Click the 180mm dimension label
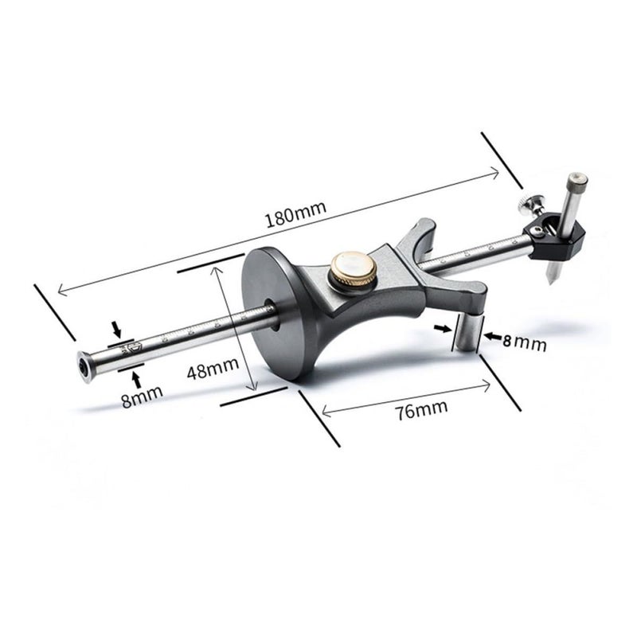295,214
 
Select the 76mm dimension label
421,409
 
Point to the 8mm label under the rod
142,396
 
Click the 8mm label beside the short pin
525,342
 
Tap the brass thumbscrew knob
353,270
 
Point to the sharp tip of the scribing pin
551,284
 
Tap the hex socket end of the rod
84,367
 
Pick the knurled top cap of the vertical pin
578,183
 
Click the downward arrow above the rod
117,329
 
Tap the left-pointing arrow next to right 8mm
493,336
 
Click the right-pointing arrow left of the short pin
442,328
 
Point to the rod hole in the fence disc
271,314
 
